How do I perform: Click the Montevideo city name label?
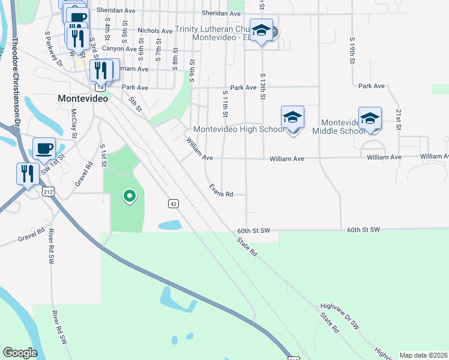pyautogui.click(x=83, y=98)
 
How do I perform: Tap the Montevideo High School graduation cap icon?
pyautogui.click(x=292, y=117)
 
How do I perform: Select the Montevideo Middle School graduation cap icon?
pyautogui.click(x=370, y=118)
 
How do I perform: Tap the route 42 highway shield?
pyautogui.click(x=173, y=204)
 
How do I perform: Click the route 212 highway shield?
pyautogui.click(x=48, y=191)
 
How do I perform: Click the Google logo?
pyautogui.click(x=20, y=353)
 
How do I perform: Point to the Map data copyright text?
pyautogui.click(x=423, y=355)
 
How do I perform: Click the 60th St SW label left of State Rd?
pyautogui.click(x=255, y=230)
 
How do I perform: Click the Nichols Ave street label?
pyautogui.click(x=155, y=31)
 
